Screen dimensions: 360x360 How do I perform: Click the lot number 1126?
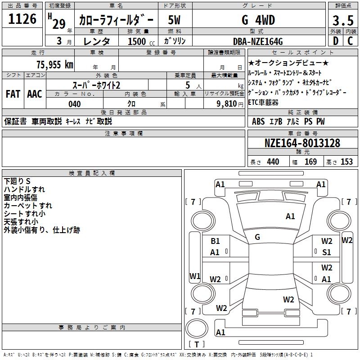[22, 19]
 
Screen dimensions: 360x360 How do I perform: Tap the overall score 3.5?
[343, 20]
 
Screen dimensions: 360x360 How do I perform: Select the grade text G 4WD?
[258, 20]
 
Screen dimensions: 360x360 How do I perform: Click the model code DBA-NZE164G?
[258, 41]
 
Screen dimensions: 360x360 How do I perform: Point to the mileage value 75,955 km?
[55, 64]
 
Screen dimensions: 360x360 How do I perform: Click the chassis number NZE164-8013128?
[302, 143]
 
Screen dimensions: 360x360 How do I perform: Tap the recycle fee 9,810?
[227, 104]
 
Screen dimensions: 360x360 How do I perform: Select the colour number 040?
[74, 104]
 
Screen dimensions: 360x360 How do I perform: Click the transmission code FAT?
[13, 94]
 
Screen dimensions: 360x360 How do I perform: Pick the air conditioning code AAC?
[35, 94]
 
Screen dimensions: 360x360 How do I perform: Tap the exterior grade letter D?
[336, 41]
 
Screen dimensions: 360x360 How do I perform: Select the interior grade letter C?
[350, 41]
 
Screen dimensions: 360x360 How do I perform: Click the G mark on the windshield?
[257, 237]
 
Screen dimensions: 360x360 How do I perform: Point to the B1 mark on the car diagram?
[215, 241]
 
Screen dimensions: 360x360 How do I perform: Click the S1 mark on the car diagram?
[327, 252]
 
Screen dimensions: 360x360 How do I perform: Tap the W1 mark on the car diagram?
[195, 276]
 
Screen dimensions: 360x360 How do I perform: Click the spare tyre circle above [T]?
[197, 328]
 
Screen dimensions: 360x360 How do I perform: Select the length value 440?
[273, 162]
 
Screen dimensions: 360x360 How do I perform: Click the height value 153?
[346, 162]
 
